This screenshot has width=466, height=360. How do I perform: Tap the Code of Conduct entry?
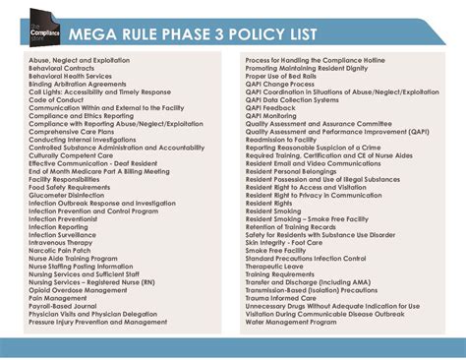(x=56, y=99)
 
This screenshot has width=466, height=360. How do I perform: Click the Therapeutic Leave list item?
(x=276, y=266)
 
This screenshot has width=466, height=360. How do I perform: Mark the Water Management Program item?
(x=293, y=321)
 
